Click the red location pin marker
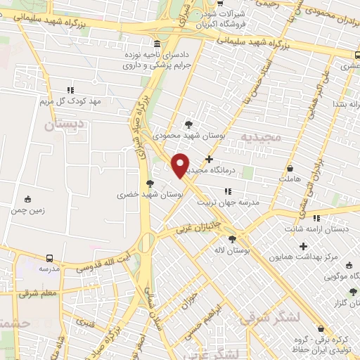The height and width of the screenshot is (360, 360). [180, 164]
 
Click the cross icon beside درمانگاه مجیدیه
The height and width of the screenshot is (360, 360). [209, 159]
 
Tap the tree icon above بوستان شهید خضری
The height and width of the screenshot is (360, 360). [149, 183]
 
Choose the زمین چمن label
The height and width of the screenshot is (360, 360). [28, 210]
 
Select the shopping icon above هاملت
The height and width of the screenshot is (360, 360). [290, 169]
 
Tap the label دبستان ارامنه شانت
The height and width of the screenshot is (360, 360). [315, 229]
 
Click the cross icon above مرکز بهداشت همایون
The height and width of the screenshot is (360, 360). [303, 246]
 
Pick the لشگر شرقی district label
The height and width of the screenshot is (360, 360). [269, 316]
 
